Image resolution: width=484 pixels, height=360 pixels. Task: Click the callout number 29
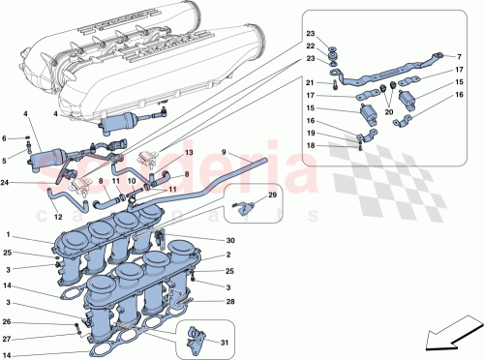(x=272, y=197)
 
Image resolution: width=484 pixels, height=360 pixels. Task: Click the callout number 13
(x=189, y=154)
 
